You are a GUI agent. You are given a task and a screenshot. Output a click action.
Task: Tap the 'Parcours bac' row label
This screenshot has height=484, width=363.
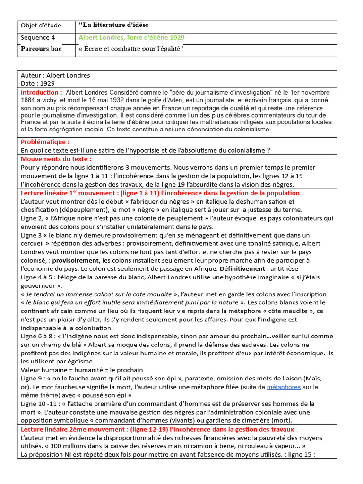pyautogui.click(x=41, y=49)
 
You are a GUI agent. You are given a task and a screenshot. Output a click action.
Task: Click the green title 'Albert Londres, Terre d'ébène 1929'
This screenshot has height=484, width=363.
pyautogui.click(x=131, y=37)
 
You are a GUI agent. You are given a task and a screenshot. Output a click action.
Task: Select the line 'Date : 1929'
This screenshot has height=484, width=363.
pyautogui.click(x=38, y=83)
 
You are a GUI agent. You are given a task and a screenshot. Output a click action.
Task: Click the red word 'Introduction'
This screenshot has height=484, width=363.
pyautogui.click(x=41, y=92)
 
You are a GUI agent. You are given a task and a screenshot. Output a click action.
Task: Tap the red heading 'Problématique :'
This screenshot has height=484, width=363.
pyautogui.click(x=45, y=141)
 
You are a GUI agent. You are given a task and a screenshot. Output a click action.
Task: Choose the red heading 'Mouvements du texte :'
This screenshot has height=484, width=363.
pyautogui.click(x=56, y=159)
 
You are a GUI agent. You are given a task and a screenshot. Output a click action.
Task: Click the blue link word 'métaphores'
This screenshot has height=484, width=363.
pyautogui.click(x=284, y=387)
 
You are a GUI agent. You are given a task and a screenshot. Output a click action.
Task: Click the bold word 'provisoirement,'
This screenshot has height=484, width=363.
pyautogui.click(x=76, y=260)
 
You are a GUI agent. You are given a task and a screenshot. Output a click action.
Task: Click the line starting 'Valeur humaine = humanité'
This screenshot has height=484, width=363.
pyautogui.click(x=82, y=370)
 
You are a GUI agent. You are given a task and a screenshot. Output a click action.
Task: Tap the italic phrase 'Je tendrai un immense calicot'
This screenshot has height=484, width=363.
pyautogui.click(x=75, y=294)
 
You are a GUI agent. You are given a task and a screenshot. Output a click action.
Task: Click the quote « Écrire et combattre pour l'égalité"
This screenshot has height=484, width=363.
pyautogui.click(x=131, y=49)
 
